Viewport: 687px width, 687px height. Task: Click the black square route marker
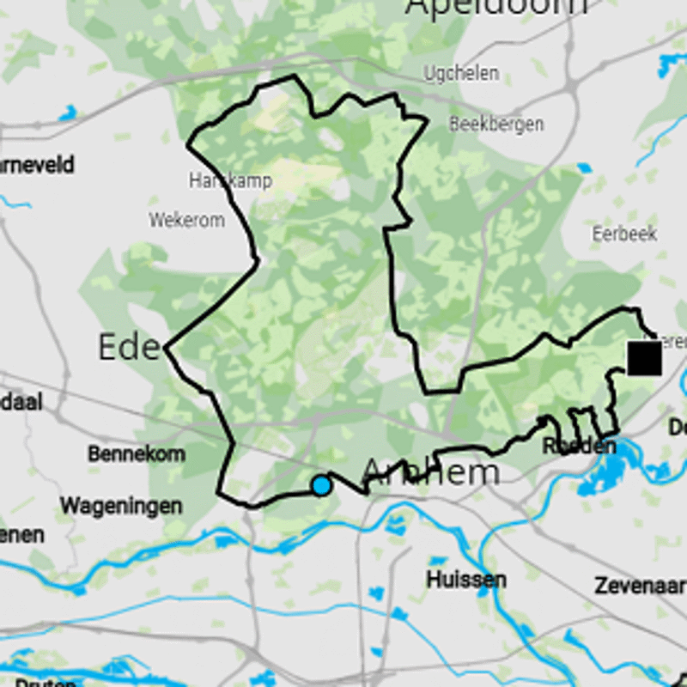(644, 358)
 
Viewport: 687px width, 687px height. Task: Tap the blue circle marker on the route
(321, 485)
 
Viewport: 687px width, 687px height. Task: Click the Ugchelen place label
(460, 74)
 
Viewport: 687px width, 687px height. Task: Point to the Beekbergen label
(495, 125)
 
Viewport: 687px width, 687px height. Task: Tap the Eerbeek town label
(624, 233)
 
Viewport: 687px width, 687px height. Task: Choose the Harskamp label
(230, 181)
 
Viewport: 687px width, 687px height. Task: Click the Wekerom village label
(186, 221)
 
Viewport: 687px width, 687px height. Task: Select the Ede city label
(128, 347)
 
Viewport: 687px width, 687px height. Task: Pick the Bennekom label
(136, 454)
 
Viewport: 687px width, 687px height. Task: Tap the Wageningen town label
(120, 506)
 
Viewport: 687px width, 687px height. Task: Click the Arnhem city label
(430, 471)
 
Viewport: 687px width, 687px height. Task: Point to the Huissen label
(465, 580)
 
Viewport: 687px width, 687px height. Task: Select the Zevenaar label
(639, 587)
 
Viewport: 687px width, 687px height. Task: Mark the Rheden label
(579, 447)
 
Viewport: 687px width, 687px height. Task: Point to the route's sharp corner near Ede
(165, 348)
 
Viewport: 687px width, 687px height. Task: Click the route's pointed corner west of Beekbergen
(427, 119)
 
